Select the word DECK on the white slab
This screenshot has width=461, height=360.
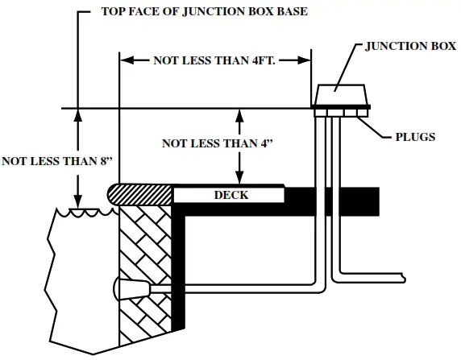coord(230,195)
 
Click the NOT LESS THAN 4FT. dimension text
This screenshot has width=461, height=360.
coord(215,60)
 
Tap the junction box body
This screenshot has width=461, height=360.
coord(340,95)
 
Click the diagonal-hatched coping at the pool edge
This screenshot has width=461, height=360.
coord(143,194)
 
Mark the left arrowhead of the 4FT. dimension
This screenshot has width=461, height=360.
coord(125,60)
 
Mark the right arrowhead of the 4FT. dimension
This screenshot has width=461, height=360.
coord(306,60)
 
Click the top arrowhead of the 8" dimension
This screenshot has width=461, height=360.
coord(77,114)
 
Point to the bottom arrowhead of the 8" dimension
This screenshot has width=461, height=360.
coord(77,201)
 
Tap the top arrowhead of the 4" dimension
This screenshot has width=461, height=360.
coord(239,114)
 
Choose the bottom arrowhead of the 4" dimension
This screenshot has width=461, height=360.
coord(239,180)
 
